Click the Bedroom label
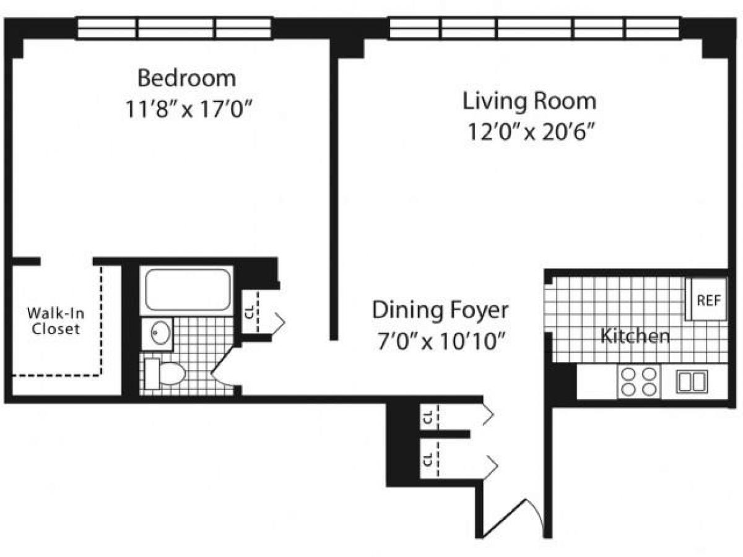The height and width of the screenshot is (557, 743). [x=186, y=79]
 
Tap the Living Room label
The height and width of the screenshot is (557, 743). [x=529, y=100]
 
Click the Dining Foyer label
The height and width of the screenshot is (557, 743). [x=440, y=310]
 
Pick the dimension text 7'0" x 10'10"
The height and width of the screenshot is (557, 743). [x=440, y=341]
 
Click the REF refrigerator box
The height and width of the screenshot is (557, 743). [x=708, y=301]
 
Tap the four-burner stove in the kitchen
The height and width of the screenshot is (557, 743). [x=638, y=382]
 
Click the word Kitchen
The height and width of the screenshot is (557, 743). [x=635, y=337]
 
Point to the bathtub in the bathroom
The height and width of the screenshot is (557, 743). [x=188, y=290]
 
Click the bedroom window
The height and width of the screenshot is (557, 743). [x=175, y=28]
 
